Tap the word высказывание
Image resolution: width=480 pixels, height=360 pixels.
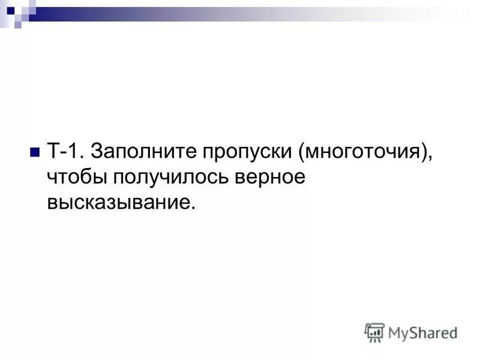118,203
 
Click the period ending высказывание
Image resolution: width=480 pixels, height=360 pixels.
193,209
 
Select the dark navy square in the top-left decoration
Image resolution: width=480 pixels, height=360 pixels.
10,10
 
